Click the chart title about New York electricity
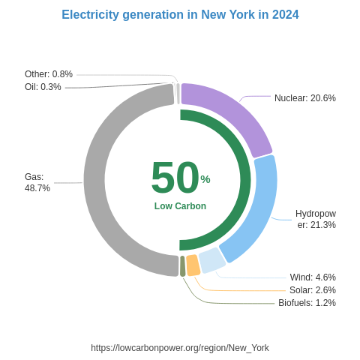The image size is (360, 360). pyautogui.click(x=180, y=15)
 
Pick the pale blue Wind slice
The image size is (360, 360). pyautogui.click(x=211, y=260)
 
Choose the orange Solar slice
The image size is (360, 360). pyautogui.click(x=193, y=265)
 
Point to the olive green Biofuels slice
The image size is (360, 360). pyautogui.click(x=182, y=266)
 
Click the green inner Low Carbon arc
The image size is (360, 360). pyautogui.click(x=240, y=180)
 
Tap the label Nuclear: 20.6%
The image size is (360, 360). pyautogui.click(x=304, y=98)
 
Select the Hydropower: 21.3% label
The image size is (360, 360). pyautogui.click(x=316, y=219)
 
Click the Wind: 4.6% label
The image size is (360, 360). pyautogui.click(x=313, y=277)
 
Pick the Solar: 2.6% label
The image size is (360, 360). pyautogui.click(x=312, y=290)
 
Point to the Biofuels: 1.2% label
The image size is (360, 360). pyautogui.click(x=307, y=303)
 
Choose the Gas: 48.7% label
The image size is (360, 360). pyautogui.click(x=37, y=182)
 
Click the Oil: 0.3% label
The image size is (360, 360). pyautogui.click(x=43, y=87)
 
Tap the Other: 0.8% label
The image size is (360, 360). pyautogui.click(x=49, y=74)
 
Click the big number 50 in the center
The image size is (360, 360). pyautogui.click(x=175, y=178)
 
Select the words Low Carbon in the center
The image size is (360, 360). pyautogui.click(x=180, y=206)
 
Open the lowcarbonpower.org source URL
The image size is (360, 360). pyautogui.click(x=180, y=348)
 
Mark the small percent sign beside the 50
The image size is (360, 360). pyautogui.click(x=205, y=179)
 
